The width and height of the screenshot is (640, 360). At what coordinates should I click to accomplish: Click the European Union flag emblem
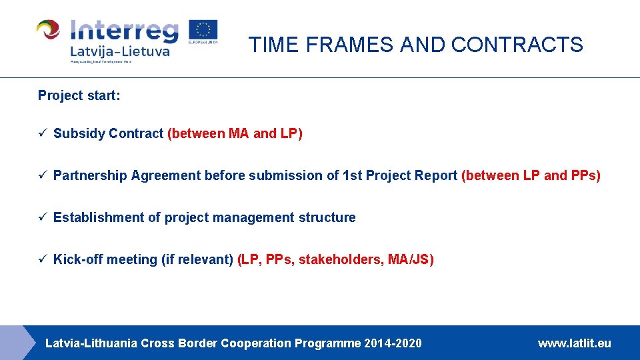203,31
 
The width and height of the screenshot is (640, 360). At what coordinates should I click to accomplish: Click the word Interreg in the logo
125,31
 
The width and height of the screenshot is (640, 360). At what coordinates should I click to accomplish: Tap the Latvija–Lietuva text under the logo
120,51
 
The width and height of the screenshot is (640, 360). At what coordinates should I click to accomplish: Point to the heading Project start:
79,95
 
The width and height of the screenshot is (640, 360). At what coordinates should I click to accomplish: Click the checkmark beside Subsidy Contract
42,133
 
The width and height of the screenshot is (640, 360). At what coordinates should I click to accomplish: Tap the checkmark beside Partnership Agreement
42,175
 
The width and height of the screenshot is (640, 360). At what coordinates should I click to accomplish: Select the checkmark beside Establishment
42,217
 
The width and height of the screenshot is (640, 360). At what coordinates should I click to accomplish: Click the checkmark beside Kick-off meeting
42,259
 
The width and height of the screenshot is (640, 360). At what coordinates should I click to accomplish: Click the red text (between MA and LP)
235,133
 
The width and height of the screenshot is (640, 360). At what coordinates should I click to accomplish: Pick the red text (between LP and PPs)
531,175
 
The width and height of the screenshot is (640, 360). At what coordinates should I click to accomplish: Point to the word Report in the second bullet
437,175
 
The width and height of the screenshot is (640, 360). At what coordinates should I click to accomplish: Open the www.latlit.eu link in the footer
574,343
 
